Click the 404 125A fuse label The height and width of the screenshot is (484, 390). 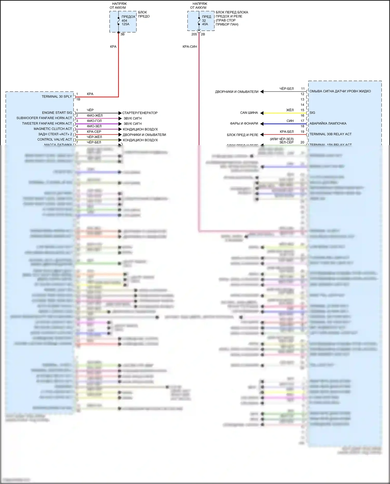point(125,22)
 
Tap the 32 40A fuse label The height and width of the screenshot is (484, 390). point(205,22)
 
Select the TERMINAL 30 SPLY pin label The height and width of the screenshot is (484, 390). point(57,96)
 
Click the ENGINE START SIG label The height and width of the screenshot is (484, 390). point(57,113)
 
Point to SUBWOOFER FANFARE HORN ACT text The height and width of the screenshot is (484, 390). point(44,118)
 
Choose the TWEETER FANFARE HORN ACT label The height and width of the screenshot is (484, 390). point(47,124)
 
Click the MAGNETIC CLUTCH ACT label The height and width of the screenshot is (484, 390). point(53,129)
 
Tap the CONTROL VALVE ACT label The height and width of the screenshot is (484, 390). point(55,139)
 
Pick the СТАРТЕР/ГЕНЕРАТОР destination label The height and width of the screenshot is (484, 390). point(140,113)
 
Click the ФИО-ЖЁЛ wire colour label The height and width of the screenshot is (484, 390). point(95,115)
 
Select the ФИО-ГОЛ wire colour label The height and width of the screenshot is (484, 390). point(94,121)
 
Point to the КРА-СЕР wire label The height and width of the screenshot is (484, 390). point(94,132)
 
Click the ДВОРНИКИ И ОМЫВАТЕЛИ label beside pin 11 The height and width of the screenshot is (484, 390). point(237,92)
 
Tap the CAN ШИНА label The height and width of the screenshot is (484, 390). point(249,113)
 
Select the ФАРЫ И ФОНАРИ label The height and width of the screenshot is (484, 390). point(244,124)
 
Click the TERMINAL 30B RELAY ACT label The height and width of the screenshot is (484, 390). point(330,134)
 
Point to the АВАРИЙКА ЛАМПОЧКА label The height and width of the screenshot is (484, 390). point(328,124)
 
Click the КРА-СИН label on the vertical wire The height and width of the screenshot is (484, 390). point(190,47)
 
